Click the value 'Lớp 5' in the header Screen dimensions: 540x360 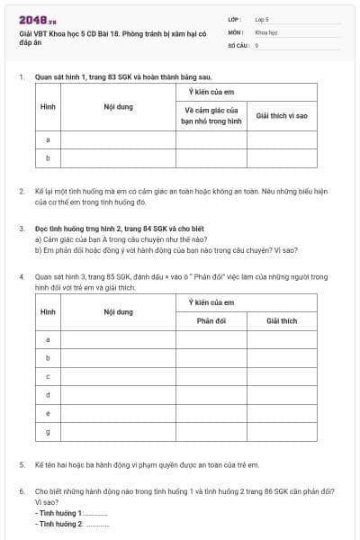pos(262,18)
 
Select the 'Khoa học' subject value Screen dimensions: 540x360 pos(266,31)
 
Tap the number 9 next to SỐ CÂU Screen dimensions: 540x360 pos(256,44)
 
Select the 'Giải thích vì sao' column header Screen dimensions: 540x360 pos(282,115)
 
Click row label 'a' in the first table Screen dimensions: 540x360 pos(47,139)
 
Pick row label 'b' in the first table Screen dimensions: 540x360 pos(47,157)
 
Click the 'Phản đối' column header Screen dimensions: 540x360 pos(211,320)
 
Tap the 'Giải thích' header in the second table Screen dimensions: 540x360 pos(282,320)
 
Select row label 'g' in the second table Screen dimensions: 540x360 pos(47,432)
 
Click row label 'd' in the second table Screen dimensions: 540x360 pos(47,394)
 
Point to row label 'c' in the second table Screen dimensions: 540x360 pos(47,376)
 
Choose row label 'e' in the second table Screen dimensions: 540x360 pos(47,413)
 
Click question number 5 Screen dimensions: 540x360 pos(21,464)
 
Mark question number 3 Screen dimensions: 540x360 pos(21,229)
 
